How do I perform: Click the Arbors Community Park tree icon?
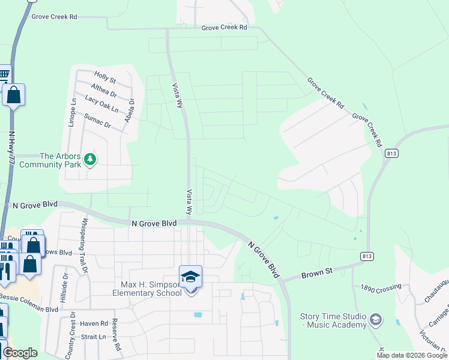point(90,159)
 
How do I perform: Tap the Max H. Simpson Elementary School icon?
point(191,277)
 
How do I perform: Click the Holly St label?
point(105,77)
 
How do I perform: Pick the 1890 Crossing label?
point(381,288)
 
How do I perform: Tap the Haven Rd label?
point(96,323)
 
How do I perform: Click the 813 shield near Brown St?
point(366,256)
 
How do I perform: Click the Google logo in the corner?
point(20,353)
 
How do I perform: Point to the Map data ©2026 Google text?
point(411,355)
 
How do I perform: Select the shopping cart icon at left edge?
point(4,75)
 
